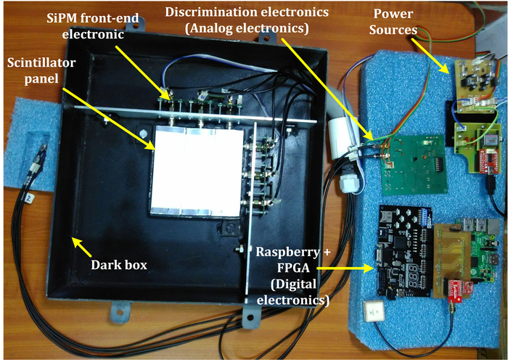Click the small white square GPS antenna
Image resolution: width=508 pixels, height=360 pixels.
pyautogui.click(x=376, y=308)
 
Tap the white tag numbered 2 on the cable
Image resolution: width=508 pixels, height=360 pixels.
pyautogui.click(x=29, y=197)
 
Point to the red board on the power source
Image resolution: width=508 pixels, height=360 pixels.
pyautogui.click(x=485, y=160)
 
